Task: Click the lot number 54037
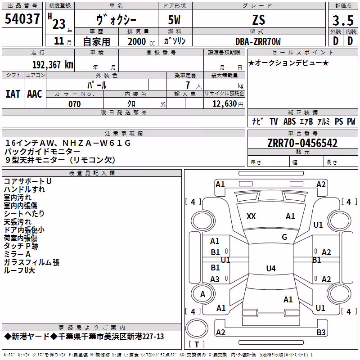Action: pos(22,19)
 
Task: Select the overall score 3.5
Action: pos(343,20)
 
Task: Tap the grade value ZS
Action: pos(259,20)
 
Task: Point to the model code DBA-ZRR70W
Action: pos(258,41)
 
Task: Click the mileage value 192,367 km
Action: pos(53,65)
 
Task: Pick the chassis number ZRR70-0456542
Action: pos(302,143)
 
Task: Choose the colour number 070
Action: pos(75,104)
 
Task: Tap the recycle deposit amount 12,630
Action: pos(225,104)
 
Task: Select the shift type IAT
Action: pos(13,94)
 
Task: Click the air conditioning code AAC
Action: pos(35,94)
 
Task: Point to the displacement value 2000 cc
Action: pos(141,42)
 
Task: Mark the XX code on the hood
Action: pos(251,216)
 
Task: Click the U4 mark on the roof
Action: pos(271,268)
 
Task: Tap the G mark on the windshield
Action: pos(284,237)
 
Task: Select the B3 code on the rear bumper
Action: pos(321,332)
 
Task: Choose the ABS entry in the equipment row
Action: pos(289,121)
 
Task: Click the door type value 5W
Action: pos(174,20)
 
